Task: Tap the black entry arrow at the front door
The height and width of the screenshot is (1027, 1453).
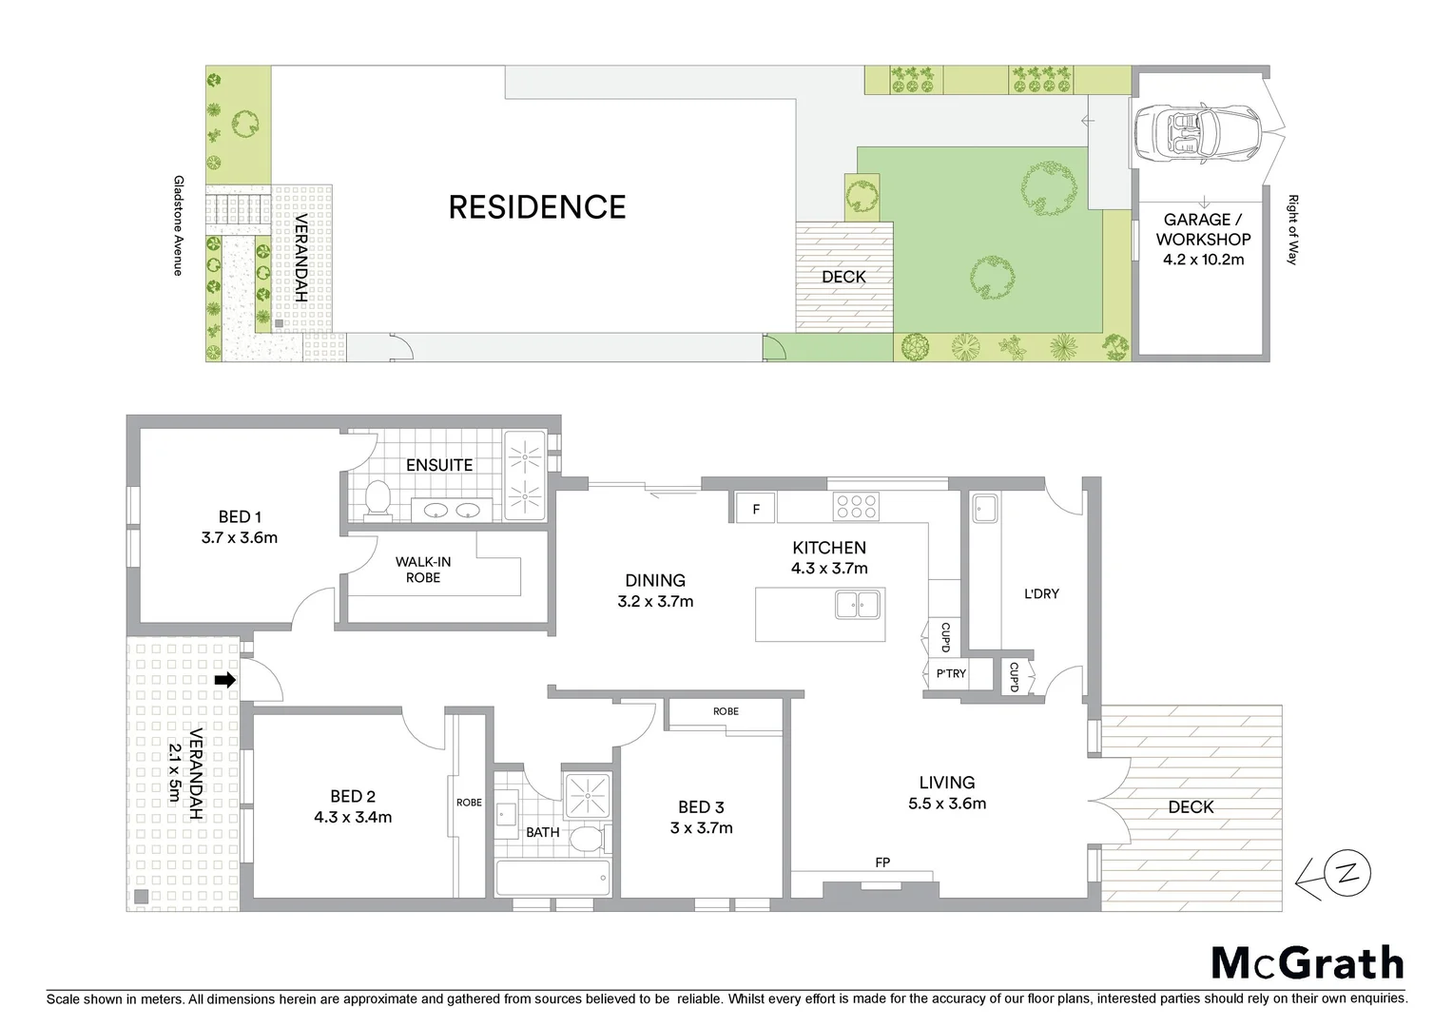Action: pyautogui.click(x=225, y=680)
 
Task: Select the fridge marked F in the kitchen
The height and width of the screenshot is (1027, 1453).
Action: pyautogui.click(x=756, y=509)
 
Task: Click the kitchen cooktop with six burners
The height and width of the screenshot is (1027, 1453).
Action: pyautogui.click(x=855, y=507)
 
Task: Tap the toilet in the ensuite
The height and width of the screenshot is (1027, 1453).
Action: pyautogui.click(x=378, y=499)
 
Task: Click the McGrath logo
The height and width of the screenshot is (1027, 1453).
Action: pyautogui.click(x=1307, y=963)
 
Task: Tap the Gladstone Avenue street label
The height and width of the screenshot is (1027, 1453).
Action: pyautogui.click(x=178, y=225)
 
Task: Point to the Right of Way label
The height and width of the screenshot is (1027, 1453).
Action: pyautogui.click(x=1292, y=229)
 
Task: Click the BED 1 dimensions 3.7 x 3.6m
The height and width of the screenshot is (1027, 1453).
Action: pyautogui.click(x=240, y=537)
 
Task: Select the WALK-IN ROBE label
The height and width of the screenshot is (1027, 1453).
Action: pyautogui.click(x=423, y=570)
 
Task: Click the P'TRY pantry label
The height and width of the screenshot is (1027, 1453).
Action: pyautogui.click(x=950, y=673)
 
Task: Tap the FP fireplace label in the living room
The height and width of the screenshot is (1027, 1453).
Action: pyautogui.click(x=882, y=862)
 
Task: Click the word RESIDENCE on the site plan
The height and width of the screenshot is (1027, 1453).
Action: pyautogui.click(x=537, y=207)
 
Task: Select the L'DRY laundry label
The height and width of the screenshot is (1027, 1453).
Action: pyautogui.click(x=1041, y=593)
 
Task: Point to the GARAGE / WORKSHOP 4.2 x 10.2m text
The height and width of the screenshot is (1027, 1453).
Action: pyautogui.click(x=1203, y=239)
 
